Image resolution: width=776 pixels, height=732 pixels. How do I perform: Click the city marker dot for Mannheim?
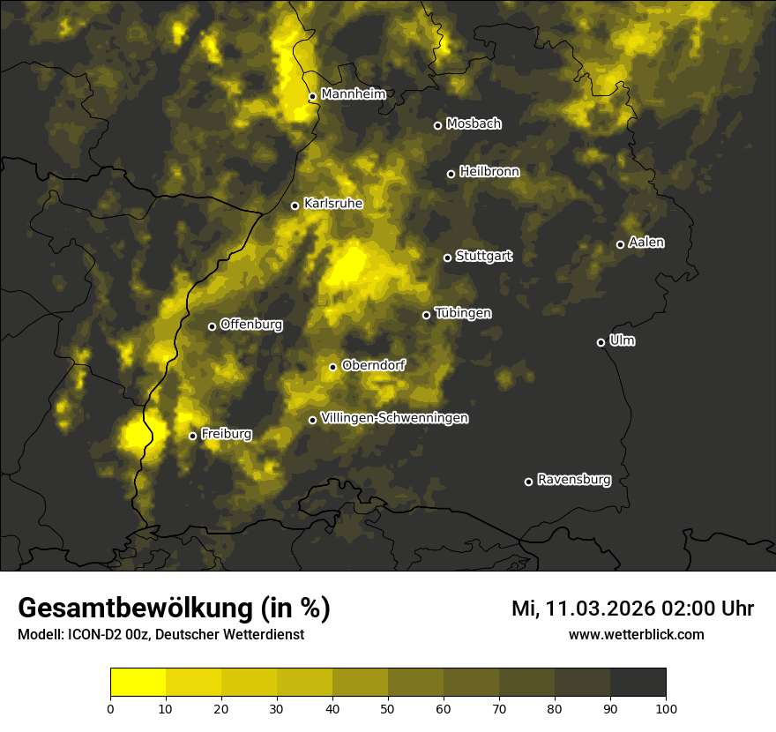point(312,97)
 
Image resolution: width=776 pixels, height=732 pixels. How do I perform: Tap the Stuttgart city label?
point(483,257)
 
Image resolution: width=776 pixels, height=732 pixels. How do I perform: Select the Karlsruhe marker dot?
point(295,206)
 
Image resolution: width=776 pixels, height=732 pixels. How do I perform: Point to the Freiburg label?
point(226,434)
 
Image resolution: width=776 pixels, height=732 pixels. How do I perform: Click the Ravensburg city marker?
point(528,482)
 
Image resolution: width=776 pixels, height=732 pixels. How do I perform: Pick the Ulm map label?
point(622,341)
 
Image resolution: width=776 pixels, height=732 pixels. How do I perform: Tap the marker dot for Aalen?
point(620,244)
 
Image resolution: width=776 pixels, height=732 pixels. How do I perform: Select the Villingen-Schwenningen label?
point(394,418)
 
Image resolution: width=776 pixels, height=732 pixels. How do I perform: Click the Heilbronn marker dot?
point(451,174)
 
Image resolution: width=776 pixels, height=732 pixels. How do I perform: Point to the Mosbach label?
point(474,124)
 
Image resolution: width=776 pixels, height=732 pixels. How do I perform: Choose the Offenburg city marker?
point(212,326)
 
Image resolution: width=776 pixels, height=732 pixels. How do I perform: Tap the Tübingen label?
point(463,313)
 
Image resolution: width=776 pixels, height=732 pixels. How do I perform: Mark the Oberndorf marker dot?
point(332,367)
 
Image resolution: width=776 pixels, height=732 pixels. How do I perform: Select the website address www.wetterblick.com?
point(636,635)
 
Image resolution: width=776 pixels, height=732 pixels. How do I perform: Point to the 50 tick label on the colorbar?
point(388,707)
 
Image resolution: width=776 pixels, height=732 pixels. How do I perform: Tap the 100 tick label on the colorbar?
point(665,707)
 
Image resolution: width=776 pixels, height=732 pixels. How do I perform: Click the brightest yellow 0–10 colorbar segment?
point(138,683)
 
